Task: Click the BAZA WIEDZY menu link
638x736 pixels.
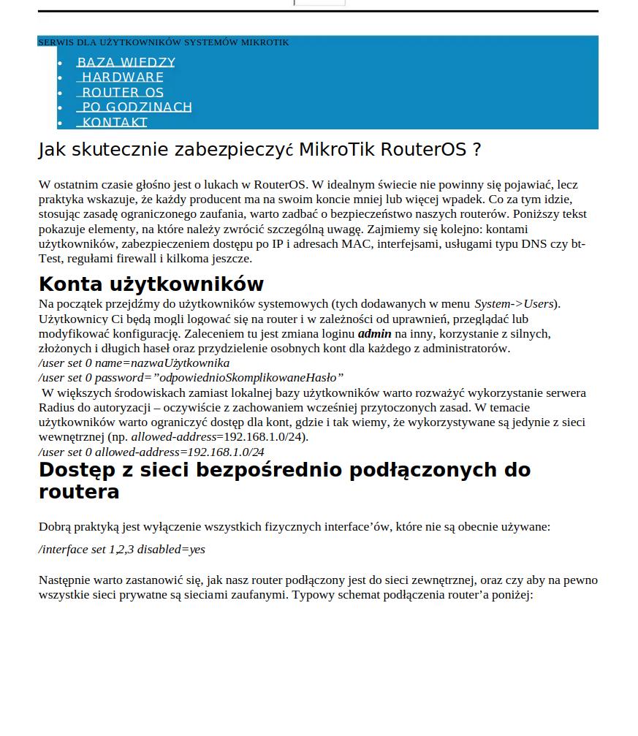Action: click(x=126, y=63)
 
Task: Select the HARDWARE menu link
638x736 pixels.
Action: click(x=121, y=77)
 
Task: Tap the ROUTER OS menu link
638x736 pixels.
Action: click(x=121, y=93)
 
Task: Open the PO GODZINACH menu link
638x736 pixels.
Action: click(x=135, y=107)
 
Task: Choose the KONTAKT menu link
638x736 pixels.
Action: click(x=113, y=122)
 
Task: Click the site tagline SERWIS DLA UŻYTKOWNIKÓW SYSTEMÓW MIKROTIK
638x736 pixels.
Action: click(x=163, y=42)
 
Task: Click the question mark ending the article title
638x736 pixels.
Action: click(x=476, y=150)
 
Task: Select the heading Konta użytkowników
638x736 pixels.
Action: click(x=151, y=284)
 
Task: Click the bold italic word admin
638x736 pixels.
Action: click(x=374, y=333)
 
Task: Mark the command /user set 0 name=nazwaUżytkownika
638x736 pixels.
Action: click(x=134, y=363)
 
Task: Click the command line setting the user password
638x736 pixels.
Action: click(x=191, y=378)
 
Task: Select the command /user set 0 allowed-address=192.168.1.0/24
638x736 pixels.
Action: click(x=151, y=452)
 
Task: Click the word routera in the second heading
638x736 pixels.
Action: click(x=78, y=492)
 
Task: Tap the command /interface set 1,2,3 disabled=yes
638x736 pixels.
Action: click(x=121, y=549)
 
